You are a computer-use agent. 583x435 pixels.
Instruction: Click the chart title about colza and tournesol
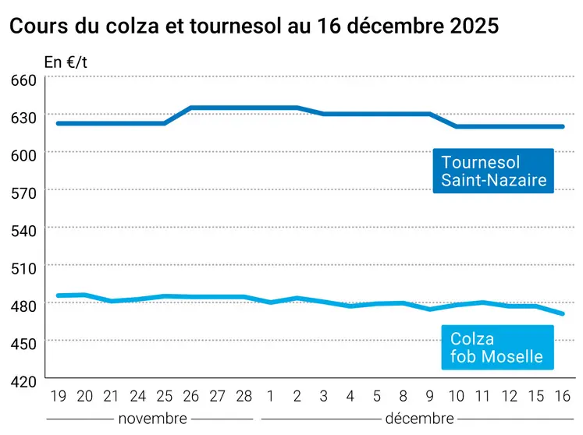coord(254,26)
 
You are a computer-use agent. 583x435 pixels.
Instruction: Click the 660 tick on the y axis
coord(23,80)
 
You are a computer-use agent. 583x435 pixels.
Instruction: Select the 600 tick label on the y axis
coord(23,155)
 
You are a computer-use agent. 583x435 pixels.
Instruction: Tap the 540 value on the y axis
coord(23,230)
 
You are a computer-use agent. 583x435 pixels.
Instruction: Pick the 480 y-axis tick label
coord(23,306)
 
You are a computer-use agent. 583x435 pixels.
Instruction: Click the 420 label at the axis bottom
coord(23,380)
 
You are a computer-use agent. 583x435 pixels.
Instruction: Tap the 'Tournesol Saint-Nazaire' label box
coord(493,172)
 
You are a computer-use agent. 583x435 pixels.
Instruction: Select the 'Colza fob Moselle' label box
coord(496,348)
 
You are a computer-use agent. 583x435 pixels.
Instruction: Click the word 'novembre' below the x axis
coord(152,419)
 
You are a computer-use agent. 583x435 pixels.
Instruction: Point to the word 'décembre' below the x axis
coord(419,419)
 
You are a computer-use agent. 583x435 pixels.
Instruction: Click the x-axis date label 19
coord(58,396)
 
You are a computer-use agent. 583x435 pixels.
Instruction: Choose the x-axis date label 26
coord(191,396)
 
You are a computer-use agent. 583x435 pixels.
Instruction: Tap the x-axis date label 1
coord(271,396)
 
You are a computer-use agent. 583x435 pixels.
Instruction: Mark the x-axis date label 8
coord(403,396)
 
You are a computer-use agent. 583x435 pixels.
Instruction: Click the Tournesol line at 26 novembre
coord(191,108)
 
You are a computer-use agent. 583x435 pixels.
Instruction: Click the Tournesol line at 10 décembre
coord(457,126)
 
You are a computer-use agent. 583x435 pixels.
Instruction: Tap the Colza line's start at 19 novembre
coord(58,295)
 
